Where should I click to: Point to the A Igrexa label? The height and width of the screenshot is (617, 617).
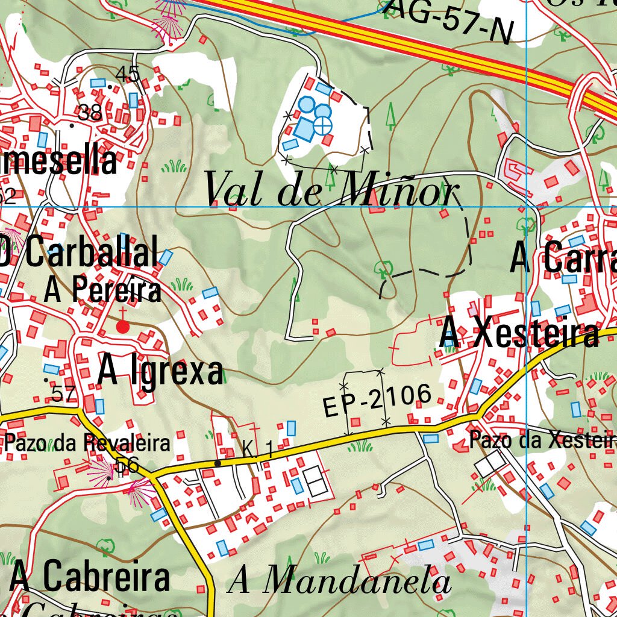(160, 371)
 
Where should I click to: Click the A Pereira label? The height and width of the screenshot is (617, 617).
(103, 291)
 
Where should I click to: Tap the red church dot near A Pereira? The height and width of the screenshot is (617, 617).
(123, 327)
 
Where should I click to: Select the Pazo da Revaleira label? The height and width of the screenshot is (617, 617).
(88, 443)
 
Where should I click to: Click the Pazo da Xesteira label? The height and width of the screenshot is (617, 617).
(542, 440)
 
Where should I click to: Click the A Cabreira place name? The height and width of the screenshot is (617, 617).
(90, 577)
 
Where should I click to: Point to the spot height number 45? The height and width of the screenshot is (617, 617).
(128, 74)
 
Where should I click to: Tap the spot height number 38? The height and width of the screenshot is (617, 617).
(90, 112)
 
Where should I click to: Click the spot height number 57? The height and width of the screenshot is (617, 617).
(64, 393)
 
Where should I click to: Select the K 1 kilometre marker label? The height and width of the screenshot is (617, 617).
(258, 448)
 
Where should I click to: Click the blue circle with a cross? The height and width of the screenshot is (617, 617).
(324, 126)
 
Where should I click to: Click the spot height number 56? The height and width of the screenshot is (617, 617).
(127, 465)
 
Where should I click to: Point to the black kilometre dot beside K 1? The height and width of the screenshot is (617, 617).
(218, 463)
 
